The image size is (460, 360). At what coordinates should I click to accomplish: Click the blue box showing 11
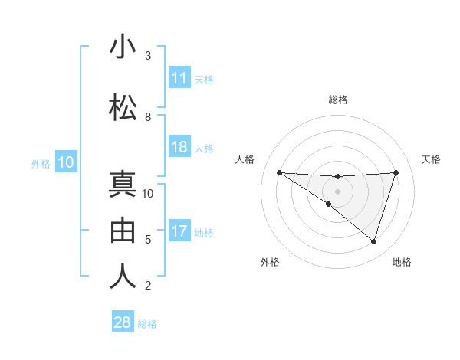click(179, 78)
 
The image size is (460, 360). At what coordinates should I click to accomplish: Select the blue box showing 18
click(179, 147)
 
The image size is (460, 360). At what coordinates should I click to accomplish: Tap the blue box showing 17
click(179, 232)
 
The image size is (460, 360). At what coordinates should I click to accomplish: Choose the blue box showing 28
click(123, 322)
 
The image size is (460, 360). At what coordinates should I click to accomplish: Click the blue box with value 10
click(66, 162)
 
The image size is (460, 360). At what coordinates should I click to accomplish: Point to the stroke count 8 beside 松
click(148, 116)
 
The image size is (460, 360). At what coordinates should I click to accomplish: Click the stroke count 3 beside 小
click(148, 56)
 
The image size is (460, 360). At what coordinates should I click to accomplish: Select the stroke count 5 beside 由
click(148, 240)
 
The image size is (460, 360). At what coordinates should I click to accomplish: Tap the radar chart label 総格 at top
click(338, 100)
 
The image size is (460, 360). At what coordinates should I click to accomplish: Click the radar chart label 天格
click(431, 159)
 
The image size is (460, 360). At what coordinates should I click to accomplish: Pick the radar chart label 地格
click(402, 262)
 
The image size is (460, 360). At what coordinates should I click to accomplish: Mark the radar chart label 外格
click(270, 262)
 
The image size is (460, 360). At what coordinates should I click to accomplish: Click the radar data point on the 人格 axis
click(279, 172)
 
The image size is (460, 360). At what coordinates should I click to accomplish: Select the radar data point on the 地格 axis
click(373, 241)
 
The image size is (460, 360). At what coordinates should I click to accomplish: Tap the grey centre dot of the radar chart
click(337, 191)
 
